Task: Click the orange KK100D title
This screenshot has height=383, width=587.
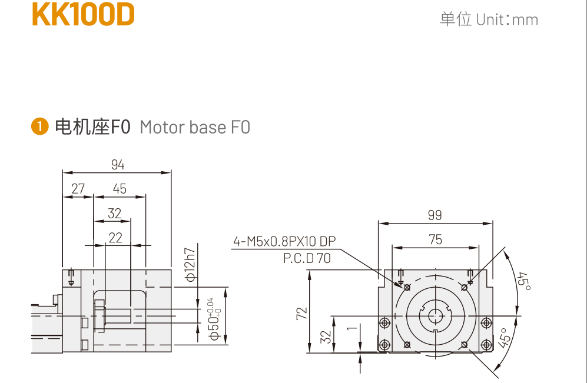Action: (83, 16)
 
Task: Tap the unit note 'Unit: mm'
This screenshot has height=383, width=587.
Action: (489, 19)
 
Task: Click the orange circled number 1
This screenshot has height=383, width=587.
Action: (40, 126)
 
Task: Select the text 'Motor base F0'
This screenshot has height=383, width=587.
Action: (195, 127)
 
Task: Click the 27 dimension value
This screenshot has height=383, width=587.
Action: (78, 189)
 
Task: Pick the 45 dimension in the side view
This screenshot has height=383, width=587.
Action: (120, 189)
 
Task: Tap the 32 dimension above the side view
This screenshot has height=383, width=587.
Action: (115, 213)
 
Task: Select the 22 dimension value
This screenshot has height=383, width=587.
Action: (116, 237)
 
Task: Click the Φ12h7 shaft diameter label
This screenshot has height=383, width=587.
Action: (190, 259)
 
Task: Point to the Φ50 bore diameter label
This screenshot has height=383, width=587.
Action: (215, 321)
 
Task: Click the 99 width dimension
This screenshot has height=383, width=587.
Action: (435, 215)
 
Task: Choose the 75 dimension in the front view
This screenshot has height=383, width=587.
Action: (435, 239)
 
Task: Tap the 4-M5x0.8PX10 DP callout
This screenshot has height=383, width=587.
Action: (284, 241)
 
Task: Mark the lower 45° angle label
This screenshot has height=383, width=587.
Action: (504, 338)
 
